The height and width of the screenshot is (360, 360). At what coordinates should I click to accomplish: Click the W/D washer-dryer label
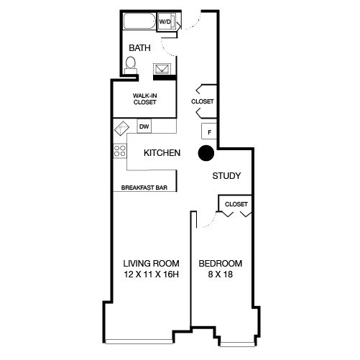(165, 22)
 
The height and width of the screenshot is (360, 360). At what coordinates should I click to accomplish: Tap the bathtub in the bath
(139, 21)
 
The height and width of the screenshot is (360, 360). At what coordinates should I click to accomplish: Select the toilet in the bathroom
(131, 65)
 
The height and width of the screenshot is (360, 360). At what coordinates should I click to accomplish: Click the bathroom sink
(162, 69)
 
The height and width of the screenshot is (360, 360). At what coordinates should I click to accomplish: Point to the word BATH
(139, 48)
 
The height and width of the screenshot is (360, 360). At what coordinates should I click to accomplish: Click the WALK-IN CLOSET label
(145, 98)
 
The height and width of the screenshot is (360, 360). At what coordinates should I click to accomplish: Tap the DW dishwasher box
(144, 126)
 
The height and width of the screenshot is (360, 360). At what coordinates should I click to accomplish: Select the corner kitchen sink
(121, 128)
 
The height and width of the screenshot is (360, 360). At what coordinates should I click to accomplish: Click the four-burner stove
(120, 151)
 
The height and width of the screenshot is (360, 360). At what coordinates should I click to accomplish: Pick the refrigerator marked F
(209, 131)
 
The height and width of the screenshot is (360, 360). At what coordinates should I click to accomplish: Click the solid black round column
(206, 153)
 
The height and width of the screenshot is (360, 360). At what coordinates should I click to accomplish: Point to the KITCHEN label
(162, 153)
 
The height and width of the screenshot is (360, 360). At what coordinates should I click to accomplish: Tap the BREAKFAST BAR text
(144, 188)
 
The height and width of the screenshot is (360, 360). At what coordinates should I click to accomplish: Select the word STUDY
(226, 176)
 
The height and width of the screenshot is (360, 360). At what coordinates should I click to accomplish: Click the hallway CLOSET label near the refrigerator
(203, 101)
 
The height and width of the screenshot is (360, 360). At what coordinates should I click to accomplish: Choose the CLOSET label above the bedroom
(236, 204)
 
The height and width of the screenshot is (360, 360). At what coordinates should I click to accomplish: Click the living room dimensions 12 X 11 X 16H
(151, 274)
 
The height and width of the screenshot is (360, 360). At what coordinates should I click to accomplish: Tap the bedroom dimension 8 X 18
(221, 274)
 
